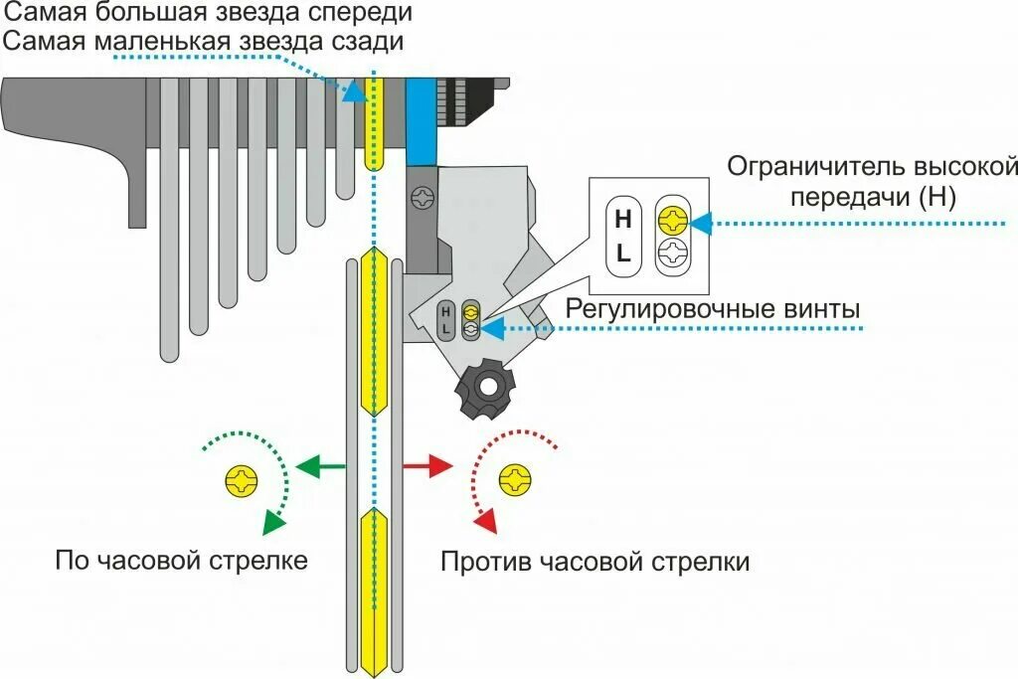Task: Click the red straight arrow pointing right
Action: pyautogui.click(x=427, y=465)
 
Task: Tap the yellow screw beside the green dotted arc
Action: pyautogui.click(x=243, y=480)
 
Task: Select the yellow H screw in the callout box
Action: pyautogui.click(x=672, y=219)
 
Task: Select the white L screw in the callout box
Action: pyautogui.click(x=672, y=252)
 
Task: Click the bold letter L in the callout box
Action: pyautogui.click(x=623, y=253)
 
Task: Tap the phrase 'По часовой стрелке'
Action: pyautogui.click(x=181, y=561)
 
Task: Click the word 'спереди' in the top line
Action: pyautogui.click(x=359, y=14)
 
